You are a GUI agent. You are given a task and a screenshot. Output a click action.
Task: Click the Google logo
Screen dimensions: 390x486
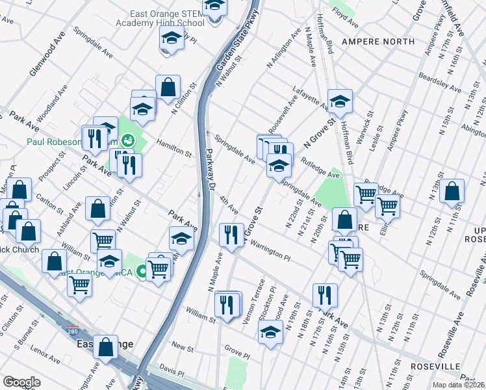tap(21, 382)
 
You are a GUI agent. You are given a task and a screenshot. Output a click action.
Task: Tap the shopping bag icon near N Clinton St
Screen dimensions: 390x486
tap(168, 87)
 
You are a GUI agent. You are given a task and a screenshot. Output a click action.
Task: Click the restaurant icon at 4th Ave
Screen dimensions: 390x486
tap(231, 235)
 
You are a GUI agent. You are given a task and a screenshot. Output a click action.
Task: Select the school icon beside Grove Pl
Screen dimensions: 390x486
tap(270, 334)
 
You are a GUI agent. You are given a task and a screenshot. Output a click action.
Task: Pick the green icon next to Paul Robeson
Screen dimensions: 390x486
tap(129, 139)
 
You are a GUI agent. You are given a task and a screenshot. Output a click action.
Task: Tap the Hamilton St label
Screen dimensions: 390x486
tap(173, 150)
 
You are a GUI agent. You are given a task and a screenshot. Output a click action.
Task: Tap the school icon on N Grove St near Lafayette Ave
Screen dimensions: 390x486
tap(339, 102)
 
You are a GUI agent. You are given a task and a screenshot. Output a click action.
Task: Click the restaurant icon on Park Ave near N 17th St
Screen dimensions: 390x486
tap(324, 295)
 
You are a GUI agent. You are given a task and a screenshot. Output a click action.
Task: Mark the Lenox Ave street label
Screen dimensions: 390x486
tap(44, 354)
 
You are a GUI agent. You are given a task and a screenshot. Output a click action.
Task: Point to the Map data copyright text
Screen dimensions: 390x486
tap(458, 385)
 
